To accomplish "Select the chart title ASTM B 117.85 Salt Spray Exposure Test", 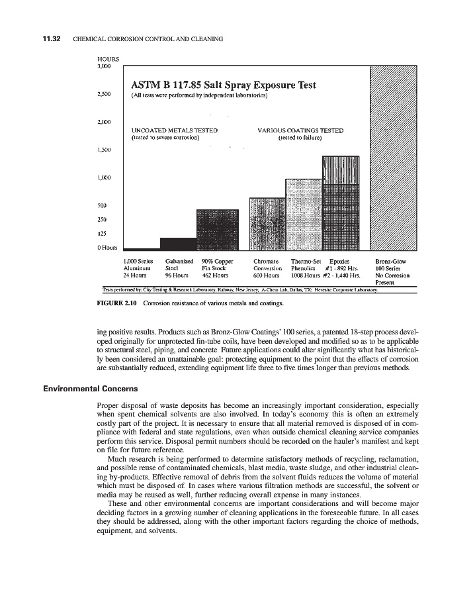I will pos(224,85).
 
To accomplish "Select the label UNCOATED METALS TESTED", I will pos(175,130).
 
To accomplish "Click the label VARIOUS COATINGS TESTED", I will pos(300,130).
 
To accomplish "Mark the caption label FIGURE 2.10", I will pos(117,303).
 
